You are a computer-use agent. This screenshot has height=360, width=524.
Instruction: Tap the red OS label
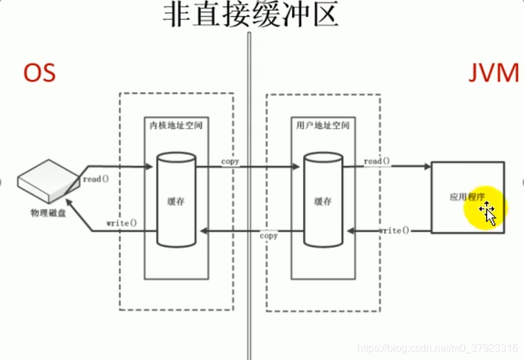coord(40,73)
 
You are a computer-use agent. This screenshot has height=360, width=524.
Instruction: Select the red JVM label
coord(494,73)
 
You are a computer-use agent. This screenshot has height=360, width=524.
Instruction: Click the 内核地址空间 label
coord(176,125)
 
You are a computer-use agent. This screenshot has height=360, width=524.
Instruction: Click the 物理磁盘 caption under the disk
coord(47,212)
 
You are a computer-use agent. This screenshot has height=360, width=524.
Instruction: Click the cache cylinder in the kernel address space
coord(176,200)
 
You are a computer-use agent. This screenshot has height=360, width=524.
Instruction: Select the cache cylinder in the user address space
coord(323,200)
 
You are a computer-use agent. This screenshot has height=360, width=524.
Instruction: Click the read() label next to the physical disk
coord(92,178)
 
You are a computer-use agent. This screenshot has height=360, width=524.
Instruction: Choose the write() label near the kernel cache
coord(122,223)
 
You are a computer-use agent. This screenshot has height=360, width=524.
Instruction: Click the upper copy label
coord(230,160)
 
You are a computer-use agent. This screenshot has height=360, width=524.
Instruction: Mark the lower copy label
coord(268,235)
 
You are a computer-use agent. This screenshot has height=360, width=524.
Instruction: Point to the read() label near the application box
coord(377,161)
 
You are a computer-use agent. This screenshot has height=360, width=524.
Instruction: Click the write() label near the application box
coord(394,230)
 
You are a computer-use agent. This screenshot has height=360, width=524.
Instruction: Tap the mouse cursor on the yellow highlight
coord(488,211)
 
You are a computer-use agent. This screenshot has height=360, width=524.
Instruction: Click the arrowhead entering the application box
coord(428,167)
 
